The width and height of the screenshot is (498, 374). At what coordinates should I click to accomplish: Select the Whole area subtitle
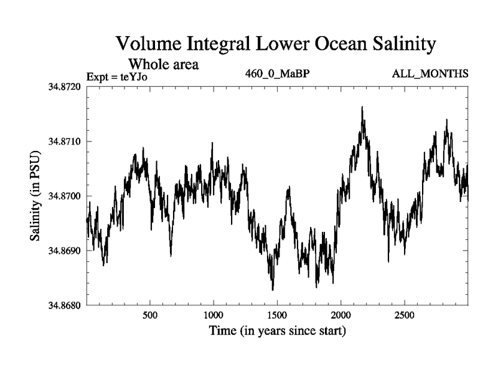tap(163, 64)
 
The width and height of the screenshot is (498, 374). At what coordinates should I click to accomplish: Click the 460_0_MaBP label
tap(278, 74)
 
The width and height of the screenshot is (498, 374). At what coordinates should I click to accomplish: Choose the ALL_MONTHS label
tap(430, 74)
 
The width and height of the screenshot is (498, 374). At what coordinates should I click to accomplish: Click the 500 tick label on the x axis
tap(150, 315)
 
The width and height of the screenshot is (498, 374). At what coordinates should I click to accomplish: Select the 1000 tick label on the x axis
tap(214, 315)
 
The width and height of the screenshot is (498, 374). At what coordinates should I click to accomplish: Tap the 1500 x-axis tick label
tap(278, 315)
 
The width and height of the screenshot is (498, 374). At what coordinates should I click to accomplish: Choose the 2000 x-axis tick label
tap(341, 315)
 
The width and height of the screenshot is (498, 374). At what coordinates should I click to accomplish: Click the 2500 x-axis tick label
tap(405, 315)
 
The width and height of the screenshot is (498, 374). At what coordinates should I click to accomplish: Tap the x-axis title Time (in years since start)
tap(278, 330)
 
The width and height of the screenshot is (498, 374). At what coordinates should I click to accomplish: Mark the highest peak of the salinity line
tap(362, 107)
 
